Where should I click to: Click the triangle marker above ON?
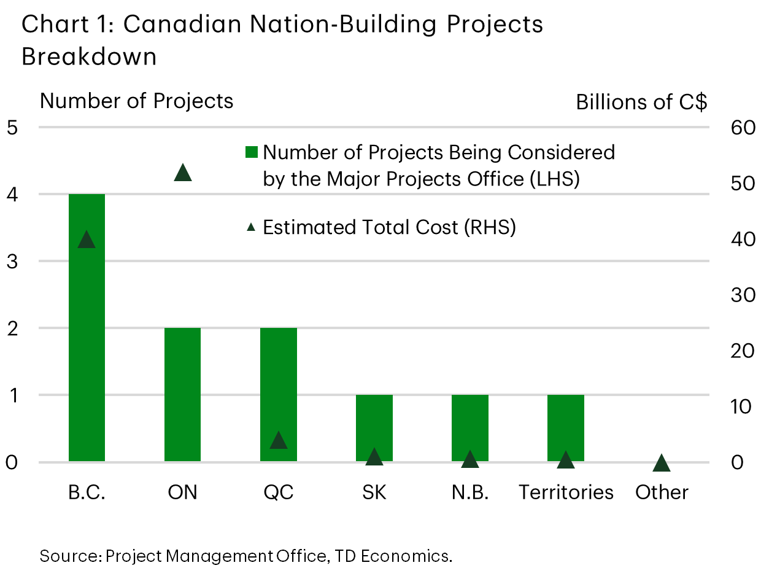tap(183, 174)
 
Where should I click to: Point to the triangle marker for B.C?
tap(87, 240)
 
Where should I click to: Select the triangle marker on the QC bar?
tap(279, 441)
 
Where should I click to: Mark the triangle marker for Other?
tap(661, 464)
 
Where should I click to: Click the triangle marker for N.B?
tap(469, 459)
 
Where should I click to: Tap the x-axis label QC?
tap(278, 492)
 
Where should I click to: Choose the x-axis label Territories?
tap(566, 492)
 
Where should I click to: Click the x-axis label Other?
tap(662, 492)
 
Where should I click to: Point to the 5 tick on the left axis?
tap(12, 128)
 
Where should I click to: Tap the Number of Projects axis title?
tap(136, 101)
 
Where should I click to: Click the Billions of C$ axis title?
tap(641, 103)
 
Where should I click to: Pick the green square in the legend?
tap(251, 152)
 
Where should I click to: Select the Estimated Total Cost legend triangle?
tap(251, 227)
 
